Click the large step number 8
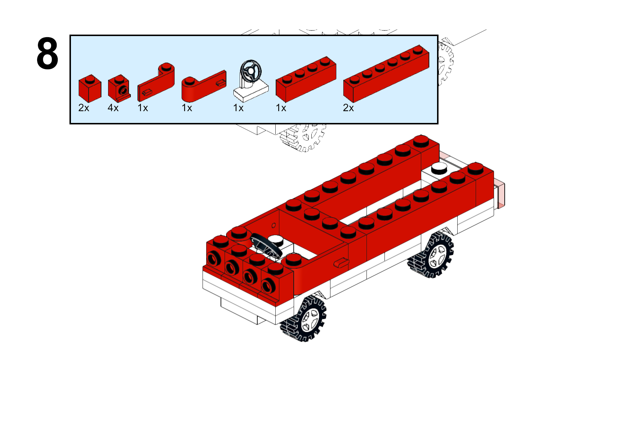tap(47, 53)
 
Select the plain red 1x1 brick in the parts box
tap(90, 89)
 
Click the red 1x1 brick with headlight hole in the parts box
tap(119, 88)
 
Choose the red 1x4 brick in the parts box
tap(306, 80)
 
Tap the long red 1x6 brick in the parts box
tap(386, 74)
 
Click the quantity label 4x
tap(113, 108)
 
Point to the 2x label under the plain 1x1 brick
tap(84, 108)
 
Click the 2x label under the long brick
tap(348, 108)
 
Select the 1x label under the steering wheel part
tap(238, 108)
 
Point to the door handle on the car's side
tap(341, 262)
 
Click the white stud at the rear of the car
tap(439, 168)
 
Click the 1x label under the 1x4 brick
tap(281, 108)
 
